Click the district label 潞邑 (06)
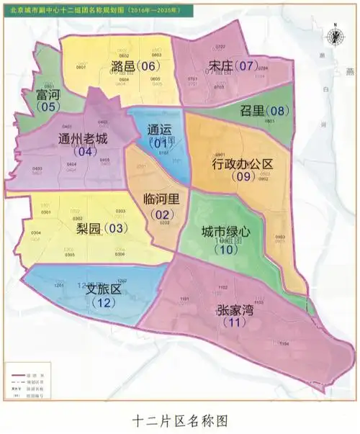(x=135, y=66)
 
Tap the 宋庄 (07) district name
(x=232, y=66)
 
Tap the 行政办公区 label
(x=242, y=164)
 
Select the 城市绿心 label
(x=225, y=232)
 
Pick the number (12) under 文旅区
(x=104, y=302)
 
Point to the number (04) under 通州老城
(x=86, y=152)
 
